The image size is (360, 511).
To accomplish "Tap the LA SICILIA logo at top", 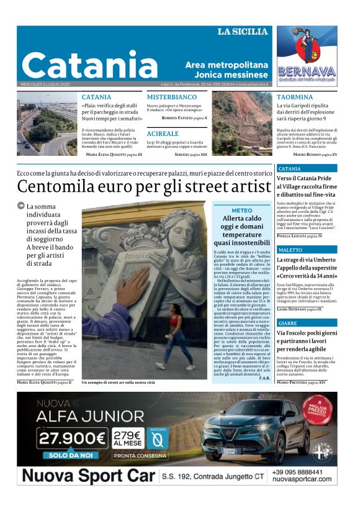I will pos(242,31).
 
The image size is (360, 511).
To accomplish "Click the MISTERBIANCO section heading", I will pos(172,97).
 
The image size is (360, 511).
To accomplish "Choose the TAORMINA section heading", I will pos(295,97).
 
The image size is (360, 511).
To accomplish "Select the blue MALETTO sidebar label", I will pos(292,250).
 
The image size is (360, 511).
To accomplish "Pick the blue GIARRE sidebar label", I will pos(288,323).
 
